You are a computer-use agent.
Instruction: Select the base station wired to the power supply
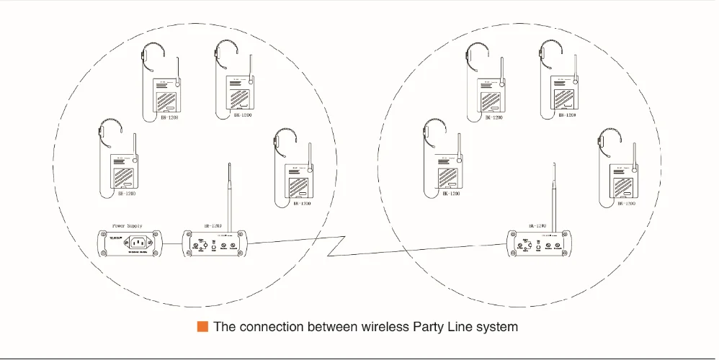pos(216,245)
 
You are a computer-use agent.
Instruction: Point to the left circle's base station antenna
pos(228,195)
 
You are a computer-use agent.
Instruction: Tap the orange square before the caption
pos(202,326)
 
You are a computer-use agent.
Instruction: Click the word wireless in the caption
pos(382,326)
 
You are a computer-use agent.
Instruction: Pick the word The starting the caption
pos(225,326)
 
